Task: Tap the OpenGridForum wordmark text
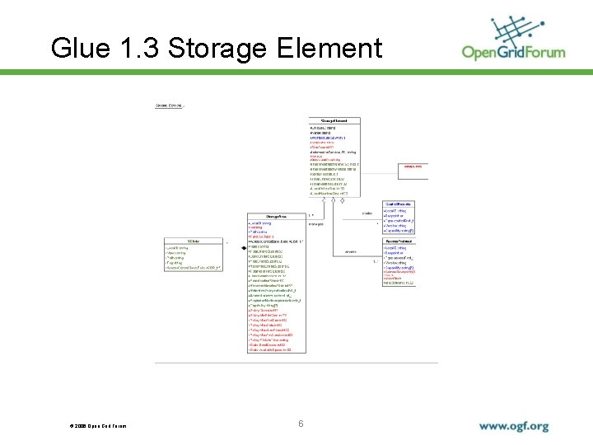pos(513,53)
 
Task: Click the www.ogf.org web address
pos(513,427)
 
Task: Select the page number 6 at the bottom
pos(301,424)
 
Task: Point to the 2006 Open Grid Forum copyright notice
pos(98,426)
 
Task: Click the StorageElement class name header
pos(334,121)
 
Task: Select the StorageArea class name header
pos(276,216)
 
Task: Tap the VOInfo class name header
pos(194,241)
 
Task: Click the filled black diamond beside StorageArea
pos(243,246)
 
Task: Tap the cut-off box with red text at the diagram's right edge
pos(414,166)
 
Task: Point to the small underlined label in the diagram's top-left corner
pos(170,105)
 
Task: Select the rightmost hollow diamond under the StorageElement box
pos(342,200)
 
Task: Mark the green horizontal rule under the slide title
pos(296,73)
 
